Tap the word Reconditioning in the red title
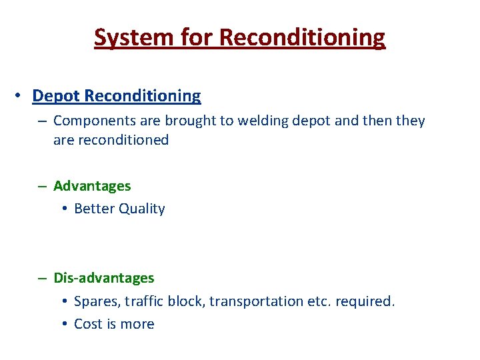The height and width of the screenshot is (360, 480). [x=302, y=37]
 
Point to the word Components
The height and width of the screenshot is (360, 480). [x=92, y=121]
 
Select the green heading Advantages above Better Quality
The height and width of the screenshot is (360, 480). [x=92, y=186]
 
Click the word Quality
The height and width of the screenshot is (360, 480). [x=142, y=209]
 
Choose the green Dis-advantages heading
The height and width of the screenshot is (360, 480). [x=103, y=278]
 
